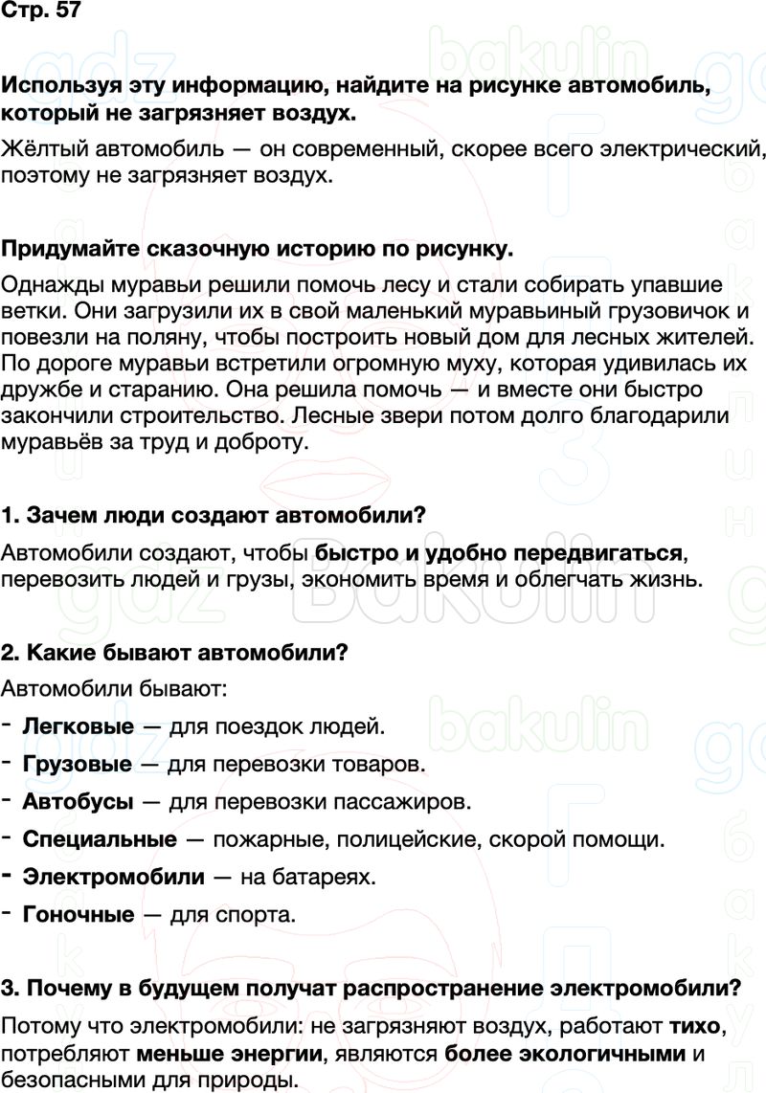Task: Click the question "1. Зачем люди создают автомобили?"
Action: pos(214,515)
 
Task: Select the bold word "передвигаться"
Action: pos(601,553)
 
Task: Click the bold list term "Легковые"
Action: pos(78,726)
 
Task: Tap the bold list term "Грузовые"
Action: pos(77,764)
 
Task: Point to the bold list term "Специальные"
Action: pos(100,839)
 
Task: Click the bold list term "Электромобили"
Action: pos(113,877)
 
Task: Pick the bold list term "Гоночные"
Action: pos(78,914)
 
